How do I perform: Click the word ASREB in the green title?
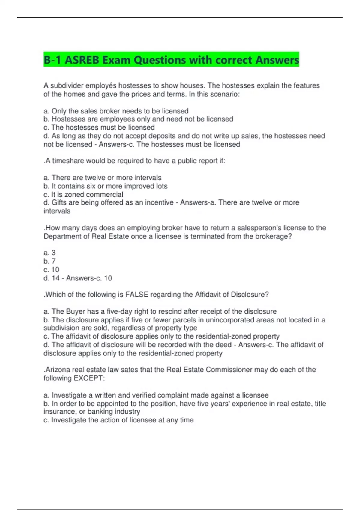[82, 60]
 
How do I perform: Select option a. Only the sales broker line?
[116, 111]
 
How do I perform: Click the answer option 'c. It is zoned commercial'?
[83, 194]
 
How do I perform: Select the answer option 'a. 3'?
[49, 253]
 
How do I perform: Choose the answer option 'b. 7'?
[49, 261]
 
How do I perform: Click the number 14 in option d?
[55, 278]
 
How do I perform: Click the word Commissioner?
[229, 370]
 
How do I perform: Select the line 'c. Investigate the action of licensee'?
[118, 420]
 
